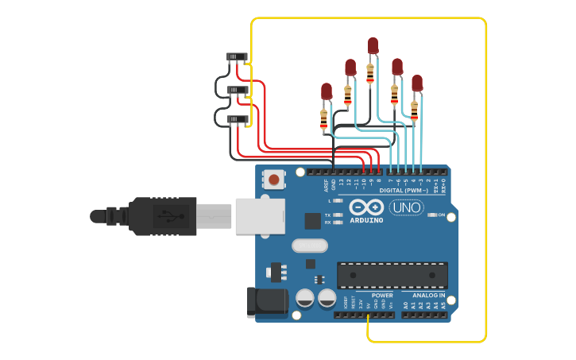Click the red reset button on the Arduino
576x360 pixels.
click(273, 179)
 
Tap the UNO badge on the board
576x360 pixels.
click(406, 207)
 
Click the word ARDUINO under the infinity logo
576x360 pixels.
click(365, 220)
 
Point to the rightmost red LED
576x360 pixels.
click(416, 83)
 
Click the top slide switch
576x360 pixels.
click(237, 56)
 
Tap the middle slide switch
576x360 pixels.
click(237, 90)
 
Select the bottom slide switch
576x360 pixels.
click(237, 119)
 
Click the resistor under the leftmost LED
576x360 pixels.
click(323, 120)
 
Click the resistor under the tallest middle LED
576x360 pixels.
click(370, 73)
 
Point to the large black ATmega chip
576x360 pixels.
click(392, 275)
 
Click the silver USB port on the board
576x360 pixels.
click(260, 216)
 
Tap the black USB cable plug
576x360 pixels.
click(162, 216)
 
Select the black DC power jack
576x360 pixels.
click(268, 303)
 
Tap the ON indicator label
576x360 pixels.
click(441, 215)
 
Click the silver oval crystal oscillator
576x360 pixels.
click(309, 246)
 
